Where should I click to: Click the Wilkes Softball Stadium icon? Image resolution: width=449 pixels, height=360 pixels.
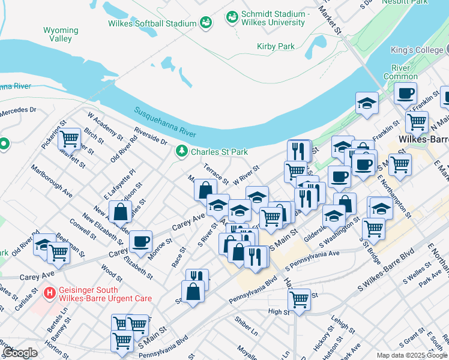206,23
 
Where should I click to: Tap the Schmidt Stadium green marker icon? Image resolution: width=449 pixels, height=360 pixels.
232,18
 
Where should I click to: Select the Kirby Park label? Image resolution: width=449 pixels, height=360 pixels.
276,46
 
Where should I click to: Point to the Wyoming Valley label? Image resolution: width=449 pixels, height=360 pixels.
61,34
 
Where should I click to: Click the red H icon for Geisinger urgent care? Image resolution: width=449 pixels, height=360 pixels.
50,293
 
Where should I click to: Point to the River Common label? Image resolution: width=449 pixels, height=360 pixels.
400,72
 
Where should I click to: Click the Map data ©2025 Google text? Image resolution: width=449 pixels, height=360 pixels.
411,355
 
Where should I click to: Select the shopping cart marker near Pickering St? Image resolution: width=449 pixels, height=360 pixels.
70,139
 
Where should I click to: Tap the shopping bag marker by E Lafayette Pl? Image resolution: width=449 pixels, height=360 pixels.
121,212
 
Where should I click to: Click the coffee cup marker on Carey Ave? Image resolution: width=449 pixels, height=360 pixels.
140,241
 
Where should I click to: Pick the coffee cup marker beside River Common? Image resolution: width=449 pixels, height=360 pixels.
406,94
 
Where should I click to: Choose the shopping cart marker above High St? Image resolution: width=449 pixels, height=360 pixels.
299,298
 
